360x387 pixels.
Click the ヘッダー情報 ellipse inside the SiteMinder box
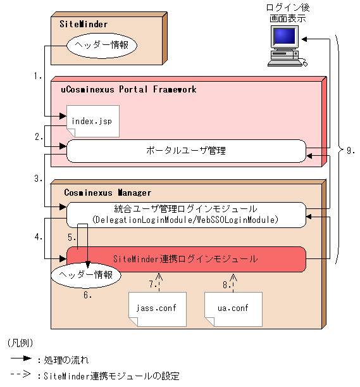(x=102, y=46)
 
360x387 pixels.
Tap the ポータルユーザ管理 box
(x=186, y=151)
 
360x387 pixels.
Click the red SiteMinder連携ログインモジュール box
(x=186, y=258)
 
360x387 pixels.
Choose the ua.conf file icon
(x=232, y=308)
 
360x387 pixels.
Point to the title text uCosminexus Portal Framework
(x=128, y=89)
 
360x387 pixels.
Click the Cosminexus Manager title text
(x=108, y=192)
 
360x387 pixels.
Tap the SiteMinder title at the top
(x=84, y=25)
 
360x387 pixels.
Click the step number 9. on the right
(x=351, y=151)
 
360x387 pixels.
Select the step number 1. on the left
(x=38, y=76)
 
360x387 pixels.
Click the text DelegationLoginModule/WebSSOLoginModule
(x=185, y=220)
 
